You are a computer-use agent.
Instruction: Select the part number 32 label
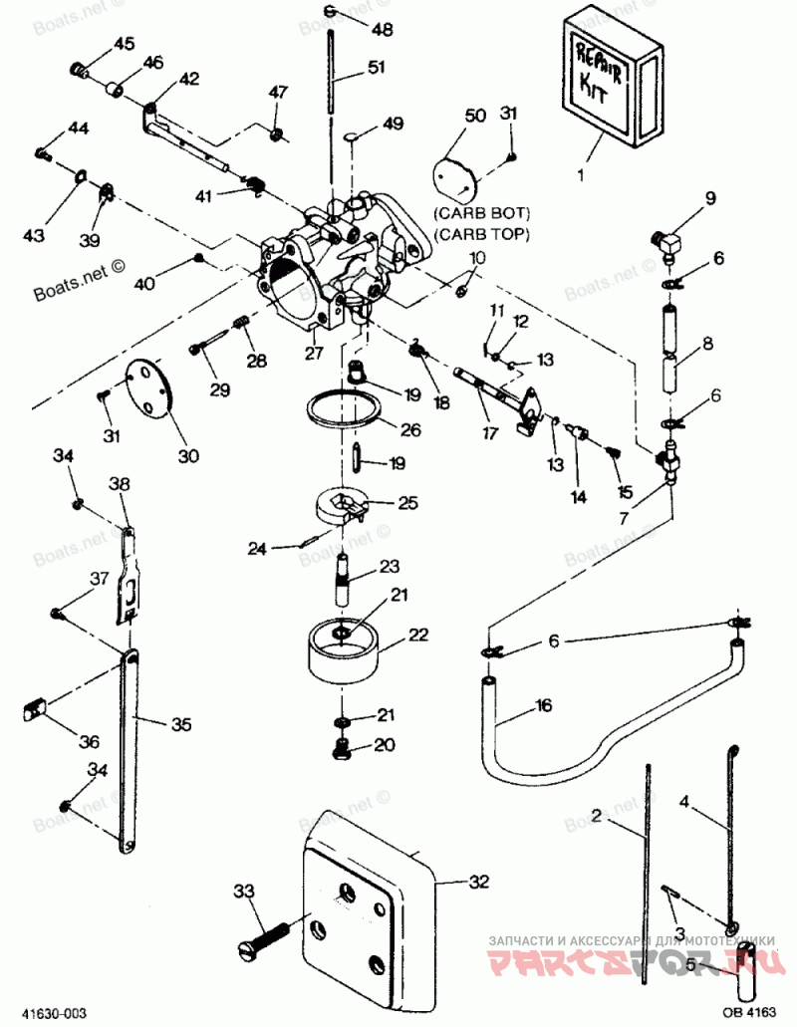tap(479, 881)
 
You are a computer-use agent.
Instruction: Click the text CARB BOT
tap(481, 213)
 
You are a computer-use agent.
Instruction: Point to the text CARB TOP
tap(481, 233)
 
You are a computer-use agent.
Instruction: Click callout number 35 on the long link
tap(180, 724)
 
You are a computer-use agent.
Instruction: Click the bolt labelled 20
tap(342, 748)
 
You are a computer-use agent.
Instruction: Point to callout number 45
tap(124, 44)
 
